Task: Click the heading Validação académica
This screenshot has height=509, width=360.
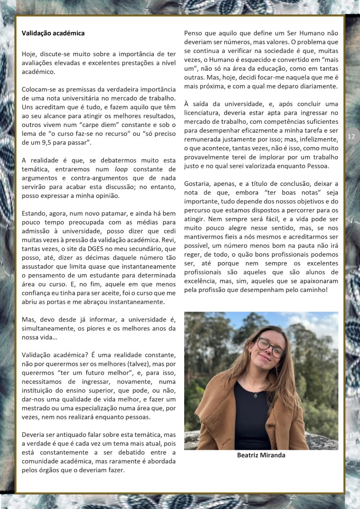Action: tap(53, 33)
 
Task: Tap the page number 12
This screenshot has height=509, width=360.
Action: tap(351, 136)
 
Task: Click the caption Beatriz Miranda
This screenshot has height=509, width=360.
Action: tap(261, 455)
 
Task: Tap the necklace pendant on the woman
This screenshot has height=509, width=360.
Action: tap(255, 395)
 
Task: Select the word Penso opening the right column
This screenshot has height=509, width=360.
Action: tap(194, 33)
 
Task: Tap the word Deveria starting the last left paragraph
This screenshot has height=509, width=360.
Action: tap(35, 434)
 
